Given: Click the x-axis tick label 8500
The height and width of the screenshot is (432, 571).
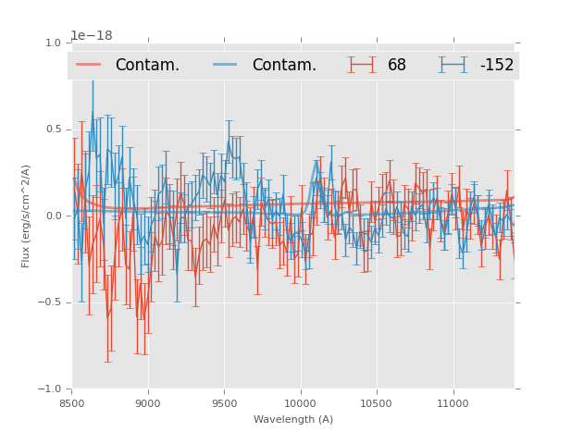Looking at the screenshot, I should pos(72,403).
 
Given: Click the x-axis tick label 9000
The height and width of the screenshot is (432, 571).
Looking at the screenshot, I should pos(148,403).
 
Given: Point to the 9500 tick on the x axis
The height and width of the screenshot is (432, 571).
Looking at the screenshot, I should pos(224,403).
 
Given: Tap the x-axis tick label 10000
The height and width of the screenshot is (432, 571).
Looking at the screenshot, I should pos(300,403).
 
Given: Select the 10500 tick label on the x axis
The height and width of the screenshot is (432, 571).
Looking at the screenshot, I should pos(377,403).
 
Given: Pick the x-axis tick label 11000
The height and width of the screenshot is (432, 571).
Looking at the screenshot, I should pos(453,403).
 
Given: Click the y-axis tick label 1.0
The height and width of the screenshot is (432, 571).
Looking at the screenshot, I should pos(53,43).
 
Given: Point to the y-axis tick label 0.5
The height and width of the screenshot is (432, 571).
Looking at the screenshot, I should pos(53,130).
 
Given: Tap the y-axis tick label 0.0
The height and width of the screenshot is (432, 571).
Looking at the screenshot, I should pos(53,216).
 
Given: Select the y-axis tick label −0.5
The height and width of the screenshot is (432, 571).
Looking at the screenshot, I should pos(50,302).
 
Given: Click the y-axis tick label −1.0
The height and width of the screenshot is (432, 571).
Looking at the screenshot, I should pos(50,389).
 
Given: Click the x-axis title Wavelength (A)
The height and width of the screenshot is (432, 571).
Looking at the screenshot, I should pos(293,419).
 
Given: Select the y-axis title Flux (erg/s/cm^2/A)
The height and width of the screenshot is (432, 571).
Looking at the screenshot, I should pos(27,216).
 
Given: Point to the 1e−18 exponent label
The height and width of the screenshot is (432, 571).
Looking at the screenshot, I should pos(92,36).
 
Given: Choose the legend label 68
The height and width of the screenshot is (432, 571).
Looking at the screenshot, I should pos(397,66).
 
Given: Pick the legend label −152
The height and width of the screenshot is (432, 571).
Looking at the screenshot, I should pos(496,66).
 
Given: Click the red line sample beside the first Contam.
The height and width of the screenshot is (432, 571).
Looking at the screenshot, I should pos(89,65).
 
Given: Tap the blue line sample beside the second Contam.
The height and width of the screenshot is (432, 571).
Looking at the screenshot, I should pos(226,65).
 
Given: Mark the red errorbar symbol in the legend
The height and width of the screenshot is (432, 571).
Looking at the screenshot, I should pos(362,65).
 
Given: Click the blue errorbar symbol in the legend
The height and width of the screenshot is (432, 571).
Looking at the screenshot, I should pos(453,65).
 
